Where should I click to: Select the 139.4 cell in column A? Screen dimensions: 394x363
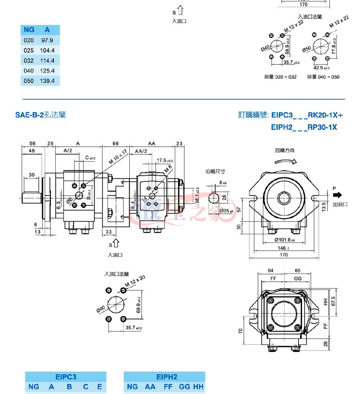47,81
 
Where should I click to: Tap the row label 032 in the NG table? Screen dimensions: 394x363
29,61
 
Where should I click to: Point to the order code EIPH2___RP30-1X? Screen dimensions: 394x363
303,127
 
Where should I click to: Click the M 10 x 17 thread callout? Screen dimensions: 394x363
118,158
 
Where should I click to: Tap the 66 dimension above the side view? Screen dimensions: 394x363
116,144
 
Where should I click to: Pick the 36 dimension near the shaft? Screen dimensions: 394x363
31,175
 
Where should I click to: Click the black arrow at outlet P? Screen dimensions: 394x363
337,195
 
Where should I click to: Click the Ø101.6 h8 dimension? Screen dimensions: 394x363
286,239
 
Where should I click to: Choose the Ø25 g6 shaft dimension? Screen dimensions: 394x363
227,211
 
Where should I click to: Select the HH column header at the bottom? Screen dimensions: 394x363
198,387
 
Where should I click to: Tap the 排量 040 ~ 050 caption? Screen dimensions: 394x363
323,77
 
